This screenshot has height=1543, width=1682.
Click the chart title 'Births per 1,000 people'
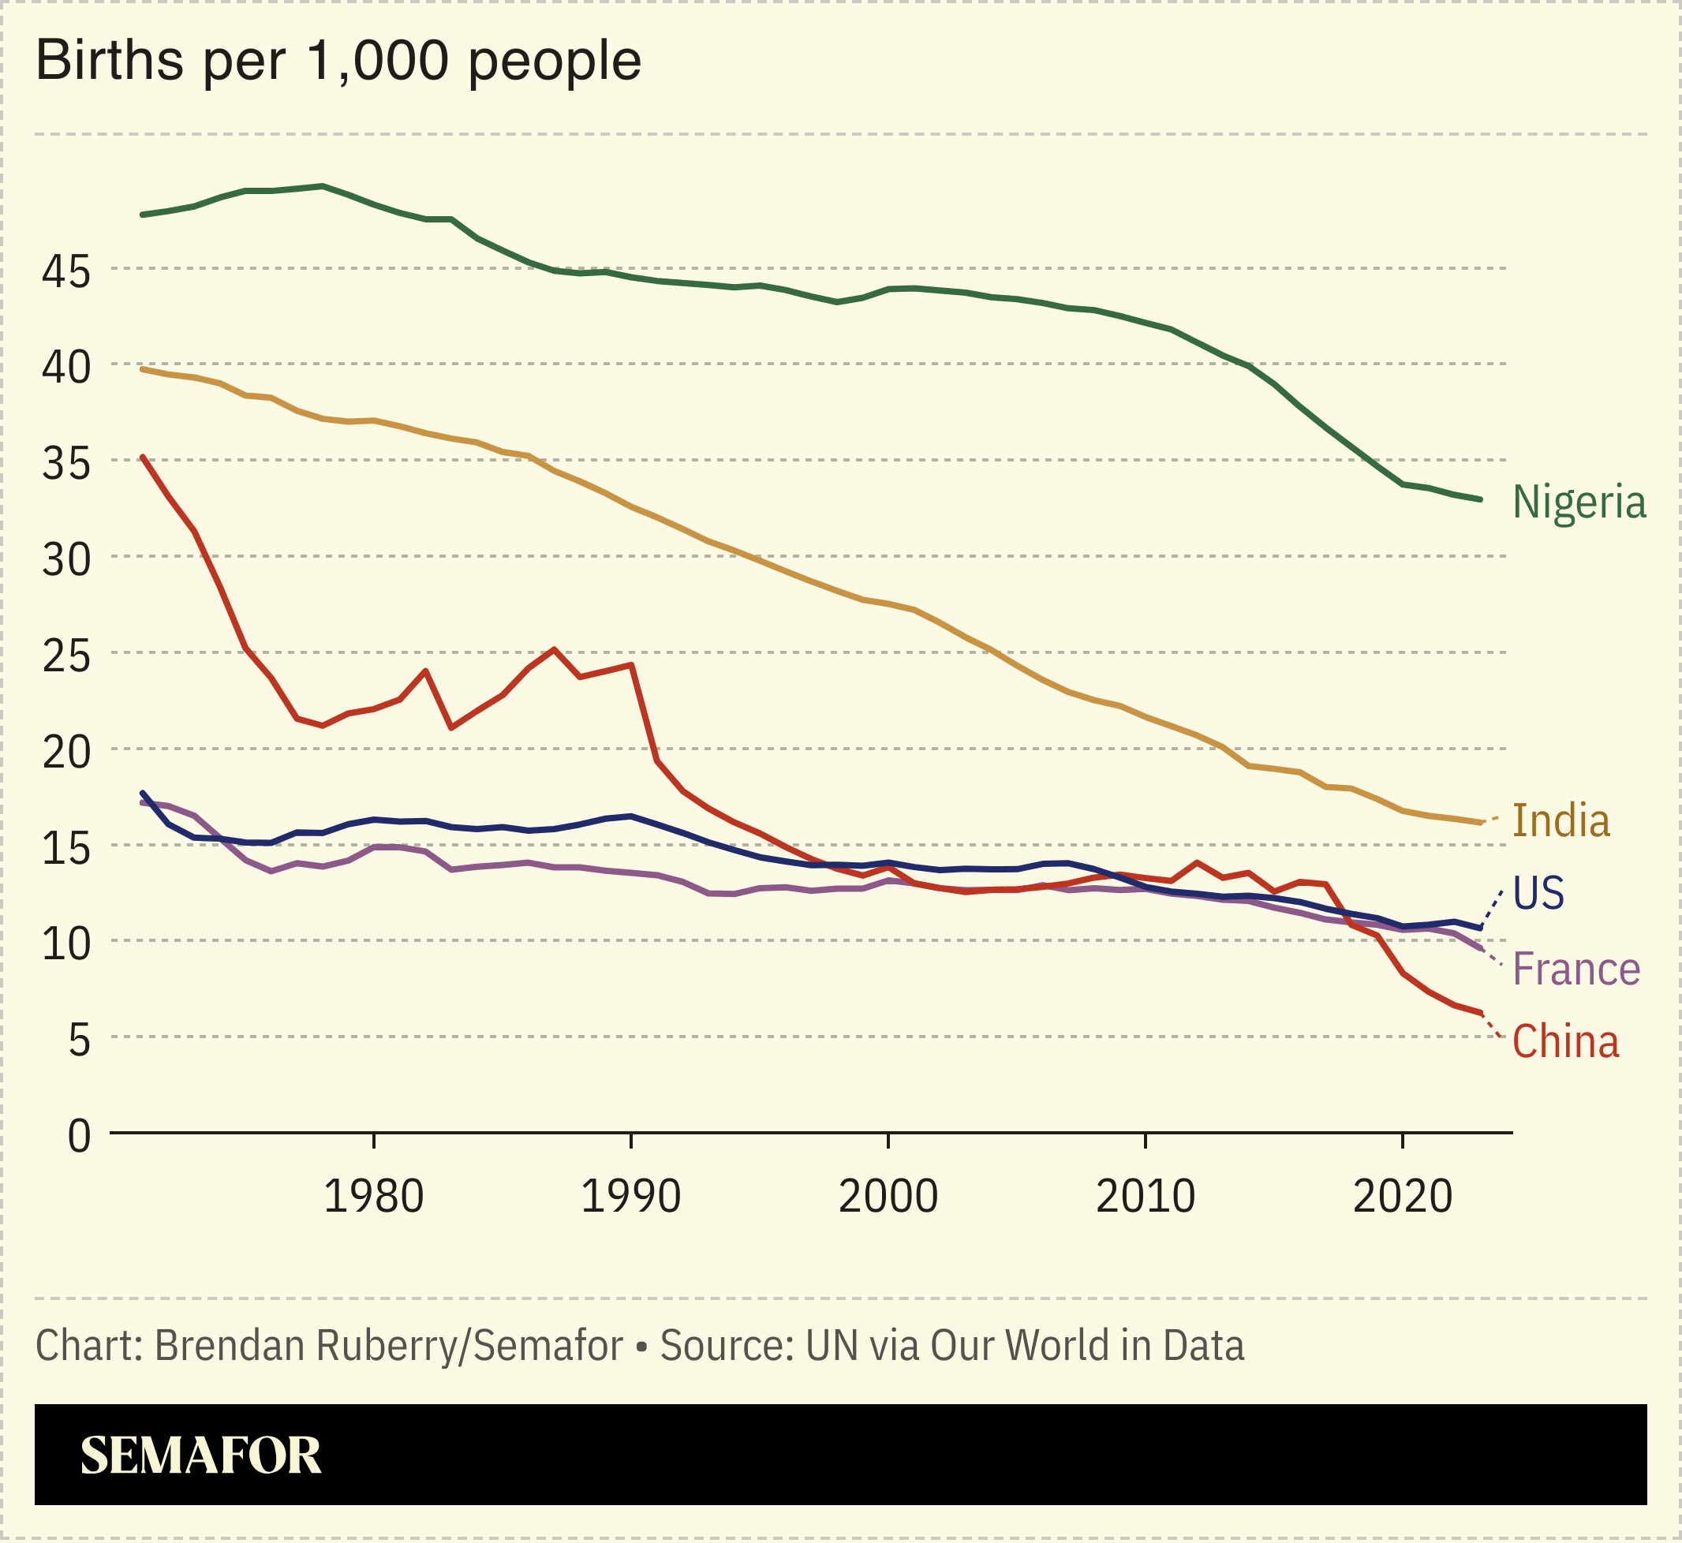(338, 61)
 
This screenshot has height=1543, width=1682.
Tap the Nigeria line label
(1579, 503)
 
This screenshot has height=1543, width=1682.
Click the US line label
(1538, 894)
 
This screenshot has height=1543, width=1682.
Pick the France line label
(1576, 970)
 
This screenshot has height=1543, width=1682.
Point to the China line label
(1565, 1042)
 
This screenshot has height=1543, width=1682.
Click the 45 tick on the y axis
(66, 271)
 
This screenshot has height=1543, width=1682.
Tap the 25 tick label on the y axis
(66, 656)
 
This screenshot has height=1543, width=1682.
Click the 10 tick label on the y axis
(66, 944)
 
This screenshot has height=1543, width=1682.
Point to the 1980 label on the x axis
(373, 1197)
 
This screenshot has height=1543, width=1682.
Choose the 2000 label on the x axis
(888, 1197)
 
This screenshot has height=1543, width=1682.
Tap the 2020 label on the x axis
(1402, 1197)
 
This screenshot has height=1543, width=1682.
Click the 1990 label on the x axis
(630, 1197)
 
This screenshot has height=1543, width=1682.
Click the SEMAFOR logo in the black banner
(200, 1455)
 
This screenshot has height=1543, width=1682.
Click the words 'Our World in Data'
(1087, 1346)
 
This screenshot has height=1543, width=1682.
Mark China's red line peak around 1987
(554, 649)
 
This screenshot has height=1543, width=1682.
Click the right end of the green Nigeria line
(1480, 499)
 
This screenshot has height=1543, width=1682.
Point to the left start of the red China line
(143, 457)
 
